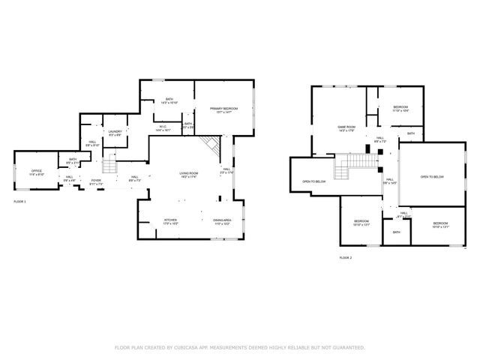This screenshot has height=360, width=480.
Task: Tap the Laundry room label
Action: pyautogui.click(x=115, y=133)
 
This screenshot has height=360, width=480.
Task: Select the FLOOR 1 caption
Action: pyautogui.click(x=19, y=202)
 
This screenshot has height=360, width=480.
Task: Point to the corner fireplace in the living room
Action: pyautogui.click(x=212, y=144)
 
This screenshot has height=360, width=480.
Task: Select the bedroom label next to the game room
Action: pyautogui.click(x=400, y=108)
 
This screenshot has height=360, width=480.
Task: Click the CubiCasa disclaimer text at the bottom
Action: pyautogui.click(x=240, y=348)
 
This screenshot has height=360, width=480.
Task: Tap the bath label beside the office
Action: pyautogui.click(x=73, y=160)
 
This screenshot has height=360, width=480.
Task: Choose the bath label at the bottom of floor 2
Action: pyautogui.click(x=397, y=232)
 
